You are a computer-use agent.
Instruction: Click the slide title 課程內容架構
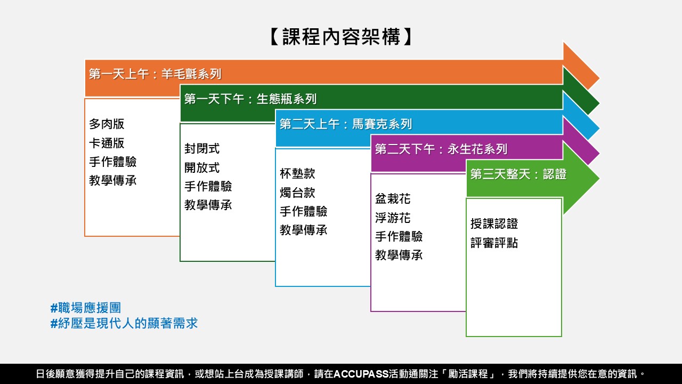(341, 37)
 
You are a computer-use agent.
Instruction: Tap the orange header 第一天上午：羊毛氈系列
(155, 74)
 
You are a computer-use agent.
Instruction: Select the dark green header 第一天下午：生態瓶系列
(250, 99)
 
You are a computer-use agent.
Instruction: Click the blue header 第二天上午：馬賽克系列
(346, 124)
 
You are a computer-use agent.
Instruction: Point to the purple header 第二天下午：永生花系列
(441, 149)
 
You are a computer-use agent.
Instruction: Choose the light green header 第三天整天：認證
(518, 174)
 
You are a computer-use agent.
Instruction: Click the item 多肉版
(107, 124)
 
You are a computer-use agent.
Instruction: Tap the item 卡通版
(107, 143)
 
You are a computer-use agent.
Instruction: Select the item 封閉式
(202, 149)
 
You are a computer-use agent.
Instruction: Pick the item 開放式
(202, 167)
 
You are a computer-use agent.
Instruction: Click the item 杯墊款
(297, 174)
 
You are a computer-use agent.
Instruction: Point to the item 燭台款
(297, 193)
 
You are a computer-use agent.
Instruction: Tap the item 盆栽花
(393, 199)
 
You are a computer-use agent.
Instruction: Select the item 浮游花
(393, 218)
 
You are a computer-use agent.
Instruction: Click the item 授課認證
(494, 223)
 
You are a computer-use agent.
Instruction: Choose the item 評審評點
(494, 243)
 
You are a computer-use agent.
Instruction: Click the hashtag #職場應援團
(86, 308)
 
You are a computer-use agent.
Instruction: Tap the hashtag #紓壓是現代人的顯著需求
(124, 323)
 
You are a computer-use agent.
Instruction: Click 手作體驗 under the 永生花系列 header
(399, 236)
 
